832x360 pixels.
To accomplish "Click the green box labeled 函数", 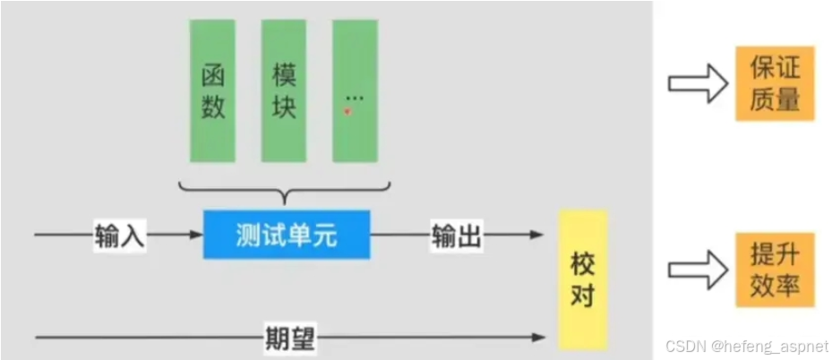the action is point(213,90).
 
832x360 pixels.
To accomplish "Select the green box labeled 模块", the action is point(284,90).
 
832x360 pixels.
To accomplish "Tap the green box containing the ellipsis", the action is point(355,90).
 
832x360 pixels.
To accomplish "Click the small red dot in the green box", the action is point(347,111).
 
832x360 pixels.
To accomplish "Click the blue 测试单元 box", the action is point(286,235).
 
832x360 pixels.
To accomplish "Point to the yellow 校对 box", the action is point(582,279).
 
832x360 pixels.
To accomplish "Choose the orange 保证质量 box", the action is point(775,81).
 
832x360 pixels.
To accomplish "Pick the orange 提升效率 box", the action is point(775,270).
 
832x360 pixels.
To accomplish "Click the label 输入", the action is point(120,236).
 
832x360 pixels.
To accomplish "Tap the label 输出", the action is point(457,236).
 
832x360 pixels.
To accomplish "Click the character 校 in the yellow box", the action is point(582,264).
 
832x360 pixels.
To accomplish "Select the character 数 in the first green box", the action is point(213,108).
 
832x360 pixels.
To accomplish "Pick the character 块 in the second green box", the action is point(284,108).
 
